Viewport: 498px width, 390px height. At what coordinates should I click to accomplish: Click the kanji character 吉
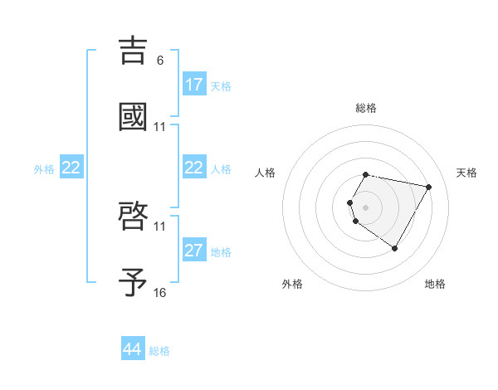click(134, 50)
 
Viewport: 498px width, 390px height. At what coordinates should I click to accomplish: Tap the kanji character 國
click(134, 117)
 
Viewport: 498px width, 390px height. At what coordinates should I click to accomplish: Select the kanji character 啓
click(134, 217)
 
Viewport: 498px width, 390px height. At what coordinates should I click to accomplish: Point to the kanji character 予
click(134, 283)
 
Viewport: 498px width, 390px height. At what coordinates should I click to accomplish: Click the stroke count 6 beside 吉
click(159, 61)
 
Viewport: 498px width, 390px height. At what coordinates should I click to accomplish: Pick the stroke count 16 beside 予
click(159, 293)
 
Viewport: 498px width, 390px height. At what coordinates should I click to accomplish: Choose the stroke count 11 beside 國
click(159, 127)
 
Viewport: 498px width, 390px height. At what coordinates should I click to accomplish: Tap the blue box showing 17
click(194, 85)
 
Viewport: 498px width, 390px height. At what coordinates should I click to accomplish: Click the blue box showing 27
click(194, 251)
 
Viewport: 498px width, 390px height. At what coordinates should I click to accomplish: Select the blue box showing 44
click(133, 350)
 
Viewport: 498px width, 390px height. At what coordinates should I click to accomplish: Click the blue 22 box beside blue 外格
click(71, 168)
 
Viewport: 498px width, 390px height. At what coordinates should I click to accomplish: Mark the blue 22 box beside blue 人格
click(194, 168)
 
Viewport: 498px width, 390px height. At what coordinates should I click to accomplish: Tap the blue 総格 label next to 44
click(159, 351)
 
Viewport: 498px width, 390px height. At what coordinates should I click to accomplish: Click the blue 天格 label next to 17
click(221, 85)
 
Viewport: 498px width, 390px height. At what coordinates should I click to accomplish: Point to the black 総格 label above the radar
click(366, 108)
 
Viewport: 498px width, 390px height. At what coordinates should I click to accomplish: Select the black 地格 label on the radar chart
click(435, 284)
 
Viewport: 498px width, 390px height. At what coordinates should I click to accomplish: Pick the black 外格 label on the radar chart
click(292, 284)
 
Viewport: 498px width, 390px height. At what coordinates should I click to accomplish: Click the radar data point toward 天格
click(428, 187)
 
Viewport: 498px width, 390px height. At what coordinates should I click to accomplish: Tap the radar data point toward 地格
click(394, 248)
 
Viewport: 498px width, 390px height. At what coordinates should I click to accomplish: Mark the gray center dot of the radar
click(366, 207)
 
